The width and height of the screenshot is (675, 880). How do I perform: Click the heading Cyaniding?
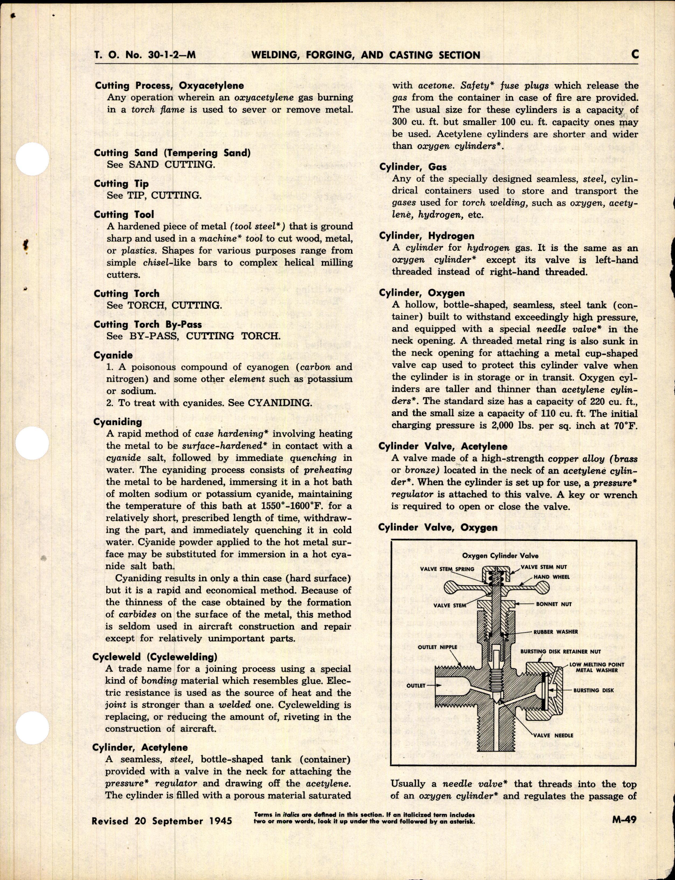click(x=118, y=422)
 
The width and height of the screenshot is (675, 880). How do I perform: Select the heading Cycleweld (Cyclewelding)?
click(x=155, y=657)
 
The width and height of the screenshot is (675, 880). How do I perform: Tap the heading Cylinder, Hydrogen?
click(x=427, y=236)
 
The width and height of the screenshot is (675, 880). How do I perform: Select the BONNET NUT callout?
click(x=554, y=604)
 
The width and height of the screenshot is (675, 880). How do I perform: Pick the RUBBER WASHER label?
click(x=556, y=632)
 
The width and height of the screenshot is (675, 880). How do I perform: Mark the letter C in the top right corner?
click(x=635, y=54)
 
